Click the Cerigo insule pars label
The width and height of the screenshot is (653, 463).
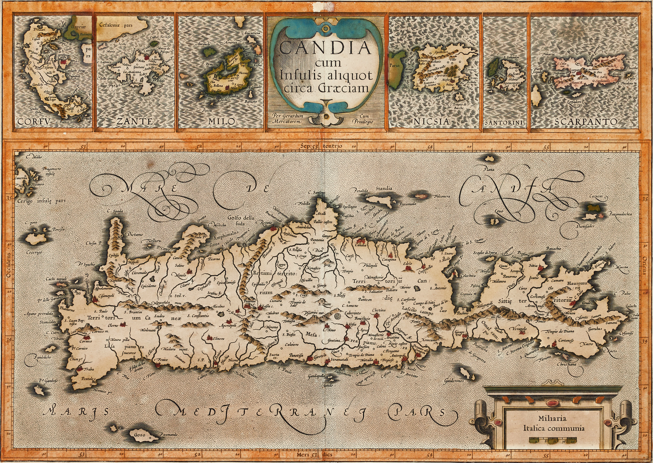(42, 201)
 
